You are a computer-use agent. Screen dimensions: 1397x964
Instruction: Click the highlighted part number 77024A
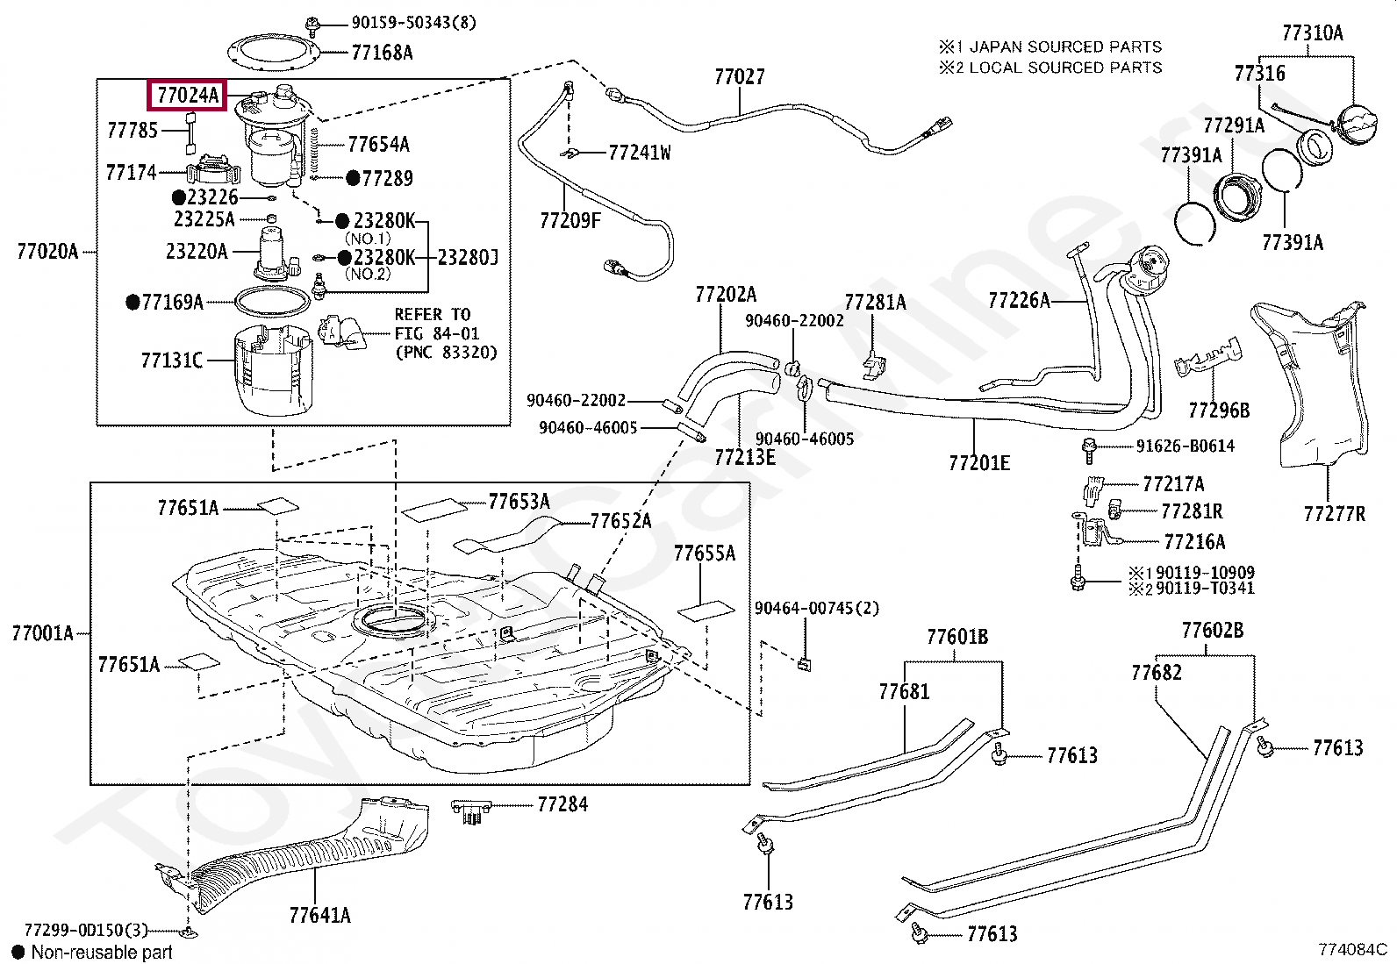pos(188,95)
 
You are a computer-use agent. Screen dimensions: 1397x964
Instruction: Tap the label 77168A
pos(382,53)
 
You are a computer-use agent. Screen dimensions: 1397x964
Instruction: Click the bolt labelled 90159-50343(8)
pos(312,26)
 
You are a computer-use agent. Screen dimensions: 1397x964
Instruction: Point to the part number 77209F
pos(570,220)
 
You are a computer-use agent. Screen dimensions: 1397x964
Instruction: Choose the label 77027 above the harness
pos(739,76)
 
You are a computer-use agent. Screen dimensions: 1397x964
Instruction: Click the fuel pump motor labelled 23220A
pos(275,253)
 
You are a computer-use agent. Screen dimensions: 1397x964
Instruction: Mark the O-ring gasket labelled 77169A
pos(273,302)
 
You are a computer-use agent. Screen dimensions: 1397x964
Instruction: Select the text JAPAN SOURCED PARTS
pos(1066,46)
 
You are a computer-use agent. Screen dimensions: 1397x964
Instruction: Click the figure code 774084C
pos(1353,949)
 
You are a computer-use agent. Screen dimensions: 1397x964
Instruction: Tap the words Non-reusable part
pos(102,952)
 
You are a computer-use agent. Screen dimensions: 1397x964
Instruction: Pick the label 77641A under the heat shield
pos(320,915)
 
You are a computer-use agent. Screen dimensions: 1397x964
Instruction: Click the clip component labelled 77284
pos(471,810)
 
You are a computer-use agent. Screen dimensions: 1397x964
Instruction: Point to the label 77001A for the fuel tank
pos(42,633)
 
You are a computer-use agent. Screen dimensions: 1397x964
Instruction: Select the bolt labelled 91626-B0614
pos(1089,450)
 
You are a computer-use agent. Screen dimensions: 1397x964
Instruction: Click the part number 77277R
pos(1334,513)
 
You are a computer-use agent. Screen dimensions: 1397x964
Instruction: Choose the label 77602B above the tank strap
pos(1213,631)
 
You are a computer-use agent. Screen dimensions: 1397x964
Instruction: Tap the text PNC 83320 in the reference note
pos(446,353)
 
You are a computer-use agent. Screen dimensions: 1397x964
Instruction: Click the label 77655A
pos(705,553)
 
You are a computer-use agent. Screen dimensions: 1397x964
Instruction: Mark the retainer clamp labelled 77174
pos(213,169)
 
